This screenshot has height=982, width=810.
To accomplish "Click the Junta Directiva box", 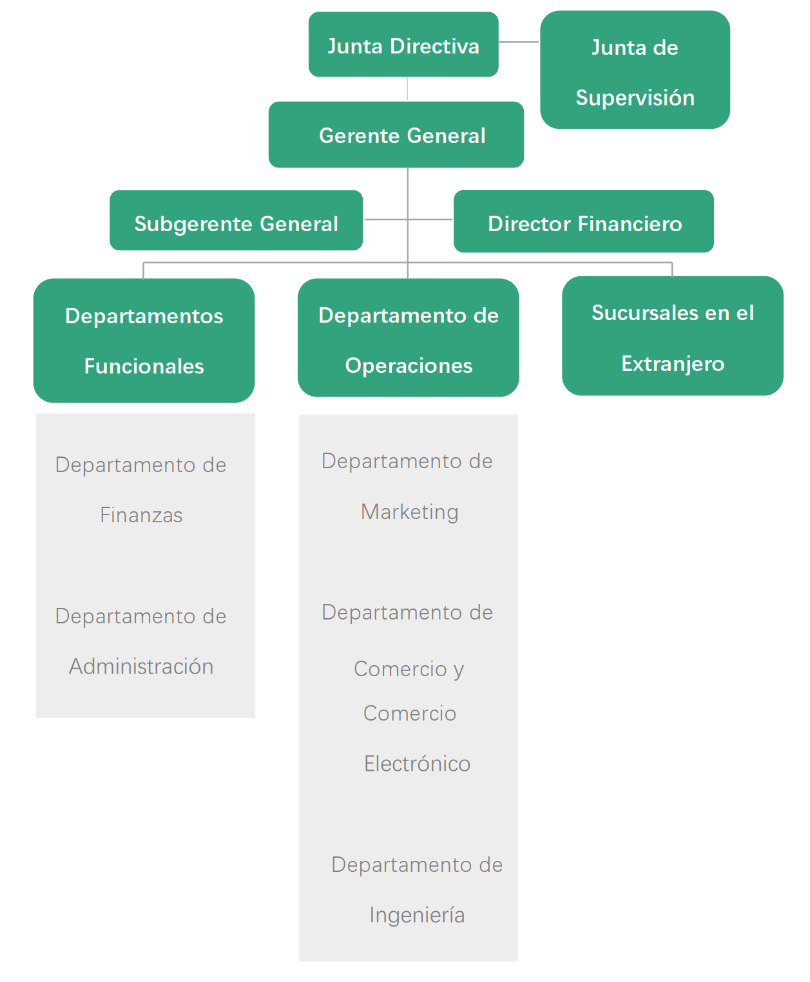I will [403, 44].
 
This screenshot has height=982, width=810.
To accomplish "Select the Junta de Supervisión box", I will [635, 70].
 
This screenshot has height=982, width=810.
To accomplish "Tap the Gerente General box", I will [396, 135].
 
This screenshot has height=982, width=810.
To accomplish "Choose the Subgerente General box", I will [236, 220].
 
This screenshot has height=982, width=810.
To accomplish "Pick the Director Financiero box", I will [583, 221].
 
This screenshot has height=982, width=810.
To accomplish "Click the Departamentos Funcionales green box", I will [144, 340].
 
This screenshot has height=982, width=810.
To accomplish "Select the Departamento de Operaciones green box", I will [408, 337].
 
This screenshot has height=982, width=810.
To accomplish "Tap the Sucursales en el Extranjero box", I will [672, 335].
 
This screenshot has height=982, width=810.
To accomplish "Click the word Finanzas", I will [141, 515].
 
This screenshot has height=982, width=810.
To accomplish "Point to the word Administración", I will [141, 666].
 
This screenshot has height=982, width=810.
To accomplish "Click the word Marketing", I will [410, 512].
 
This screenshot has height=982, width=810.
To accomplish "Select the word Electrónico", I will [417, 764].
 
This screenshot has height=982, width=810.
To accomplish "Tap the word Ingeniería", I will [417, 915].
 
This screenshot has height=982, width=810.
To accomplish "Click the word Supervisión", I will [635, 98].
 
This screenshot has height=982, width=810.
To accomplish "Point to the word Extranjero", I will [672, 364].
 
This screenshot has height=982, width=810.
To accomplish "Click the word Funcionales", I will [144, 366].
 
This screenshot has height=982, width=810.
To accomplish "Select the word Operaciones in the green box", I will [409, 366].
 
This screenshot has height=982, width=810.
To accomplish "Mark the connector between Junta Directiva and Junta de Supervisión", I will [519, 42].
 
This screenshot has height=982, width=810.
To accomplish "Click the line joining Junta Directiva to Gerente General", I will [407, 89].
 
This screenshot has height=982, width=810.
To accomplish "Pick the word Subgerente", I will [193, 224].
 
